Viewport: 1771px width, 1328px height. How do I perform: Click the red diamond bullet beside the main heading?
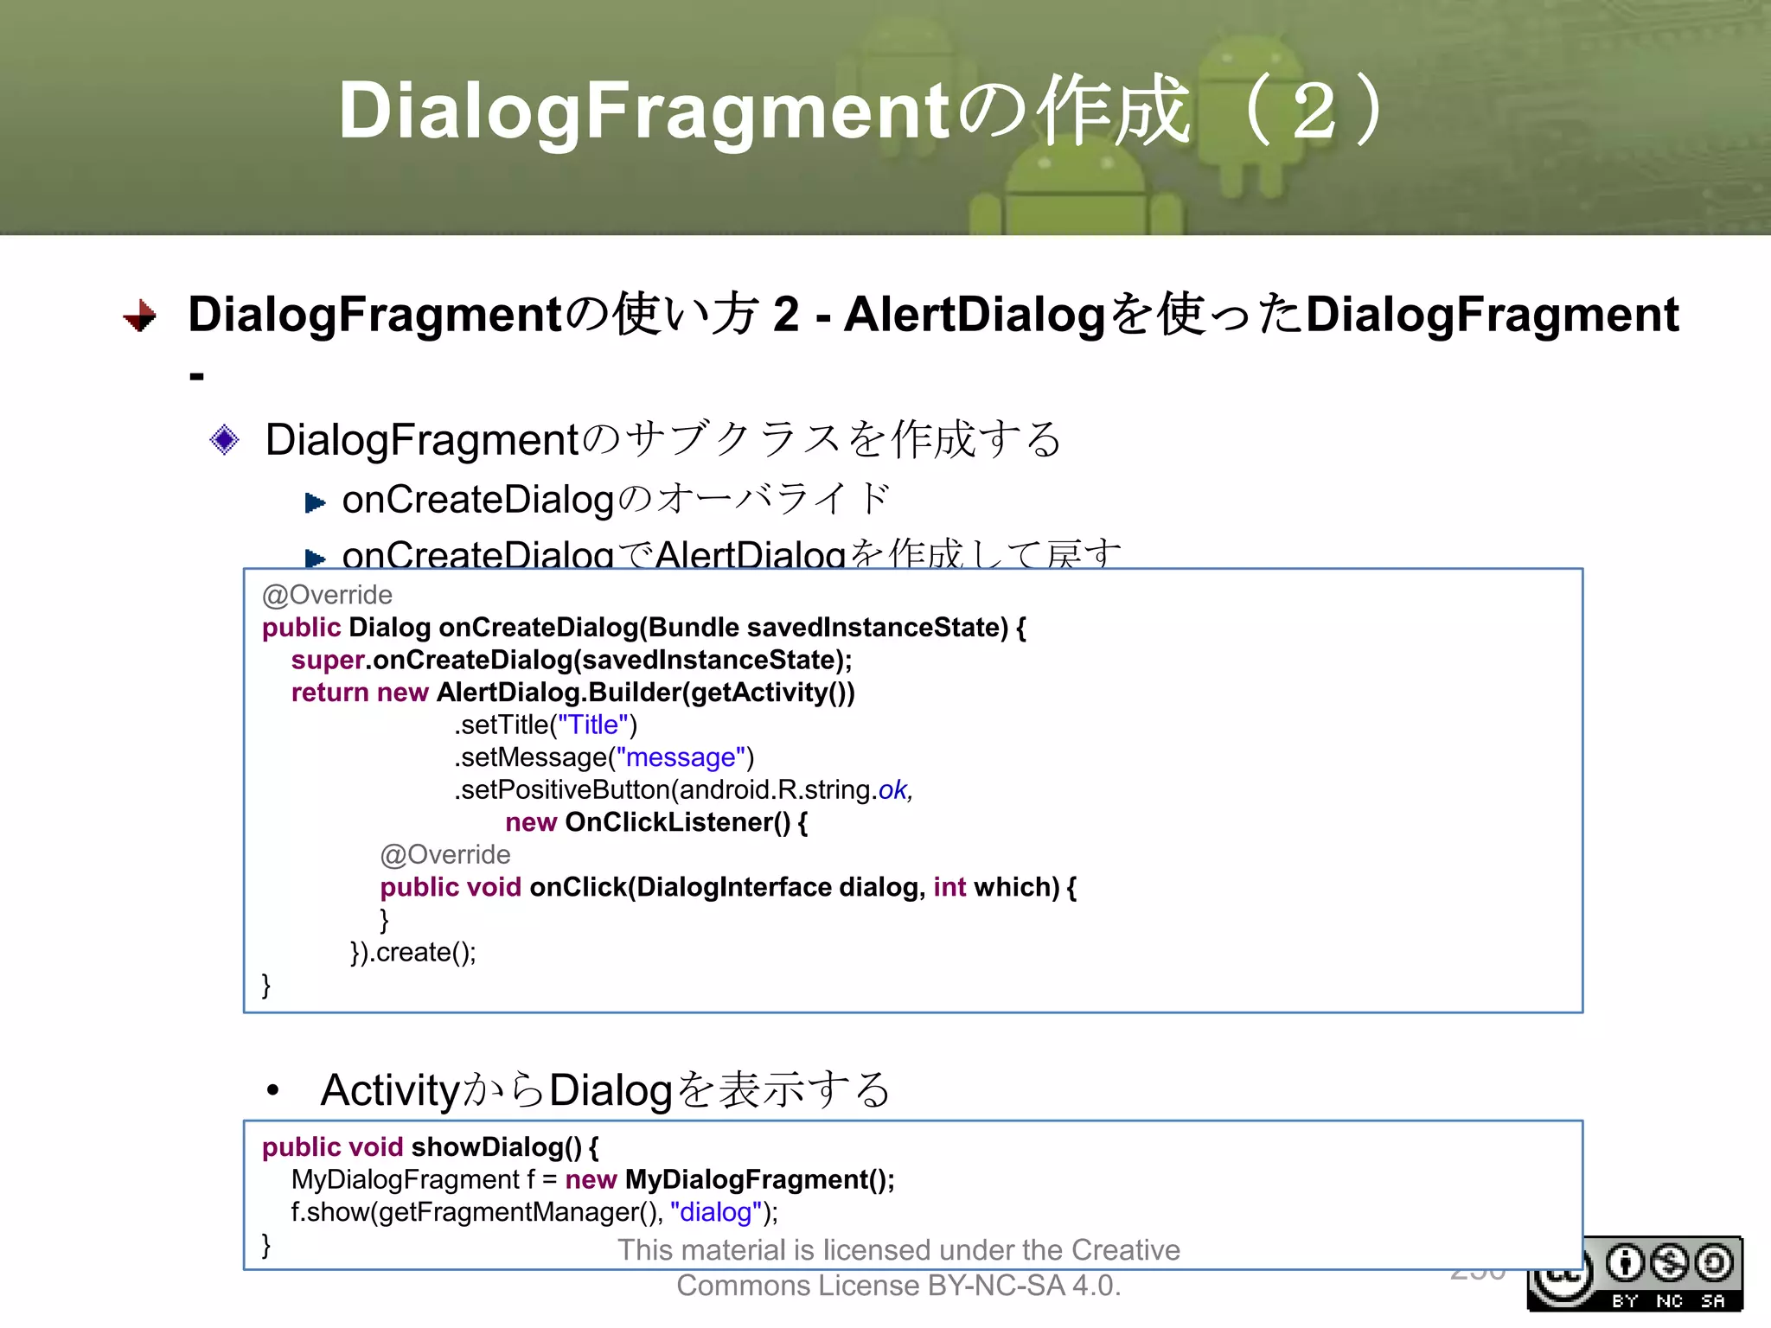tap(140, 316)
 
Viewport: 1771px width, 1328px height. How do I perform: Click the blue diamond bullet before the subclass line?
tap(225, 440)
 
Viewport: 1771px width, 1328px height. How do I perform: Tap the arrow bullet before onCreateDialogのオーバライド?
tap(315, 502)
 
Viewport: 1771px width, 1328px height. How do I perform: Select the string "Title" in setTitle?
tap(593, 725)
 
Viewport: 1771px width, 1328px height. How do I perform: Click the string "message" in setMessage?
tap(680, 757)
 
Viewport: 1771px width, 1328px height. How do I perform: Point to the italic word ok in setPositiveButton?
tap(892, 789)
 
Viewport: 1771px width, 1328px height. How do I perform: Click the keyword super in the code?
tap(328, 660)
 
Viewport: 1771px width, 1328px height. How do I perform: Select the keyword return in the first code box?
tap(330, 693)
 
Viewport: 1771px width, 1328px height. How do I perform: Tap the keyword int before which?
tap(949, 887)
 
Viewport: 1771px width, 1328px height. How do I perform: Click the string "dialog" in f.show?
tap(715, 1212)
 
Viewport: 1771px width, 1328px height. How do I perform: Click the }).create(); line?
tap(412, 952)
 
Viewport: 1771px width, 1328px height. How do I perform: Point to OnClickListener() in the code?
tap(677, 822)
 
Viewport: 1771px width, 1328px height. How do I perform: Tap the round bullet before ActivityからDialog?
tap(273, 1091)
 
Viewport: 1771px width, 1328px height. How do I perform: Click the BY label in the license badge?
tap(1625, 1301)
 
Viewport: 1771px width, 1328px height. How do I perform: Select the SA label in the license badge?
tap(1713, 1301)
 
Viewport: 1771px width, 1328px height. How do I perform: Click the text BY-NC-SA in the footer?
tap(996, 1286)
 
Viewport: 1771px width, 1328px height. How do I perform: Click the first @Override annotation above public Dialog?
tap(327, 595)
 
